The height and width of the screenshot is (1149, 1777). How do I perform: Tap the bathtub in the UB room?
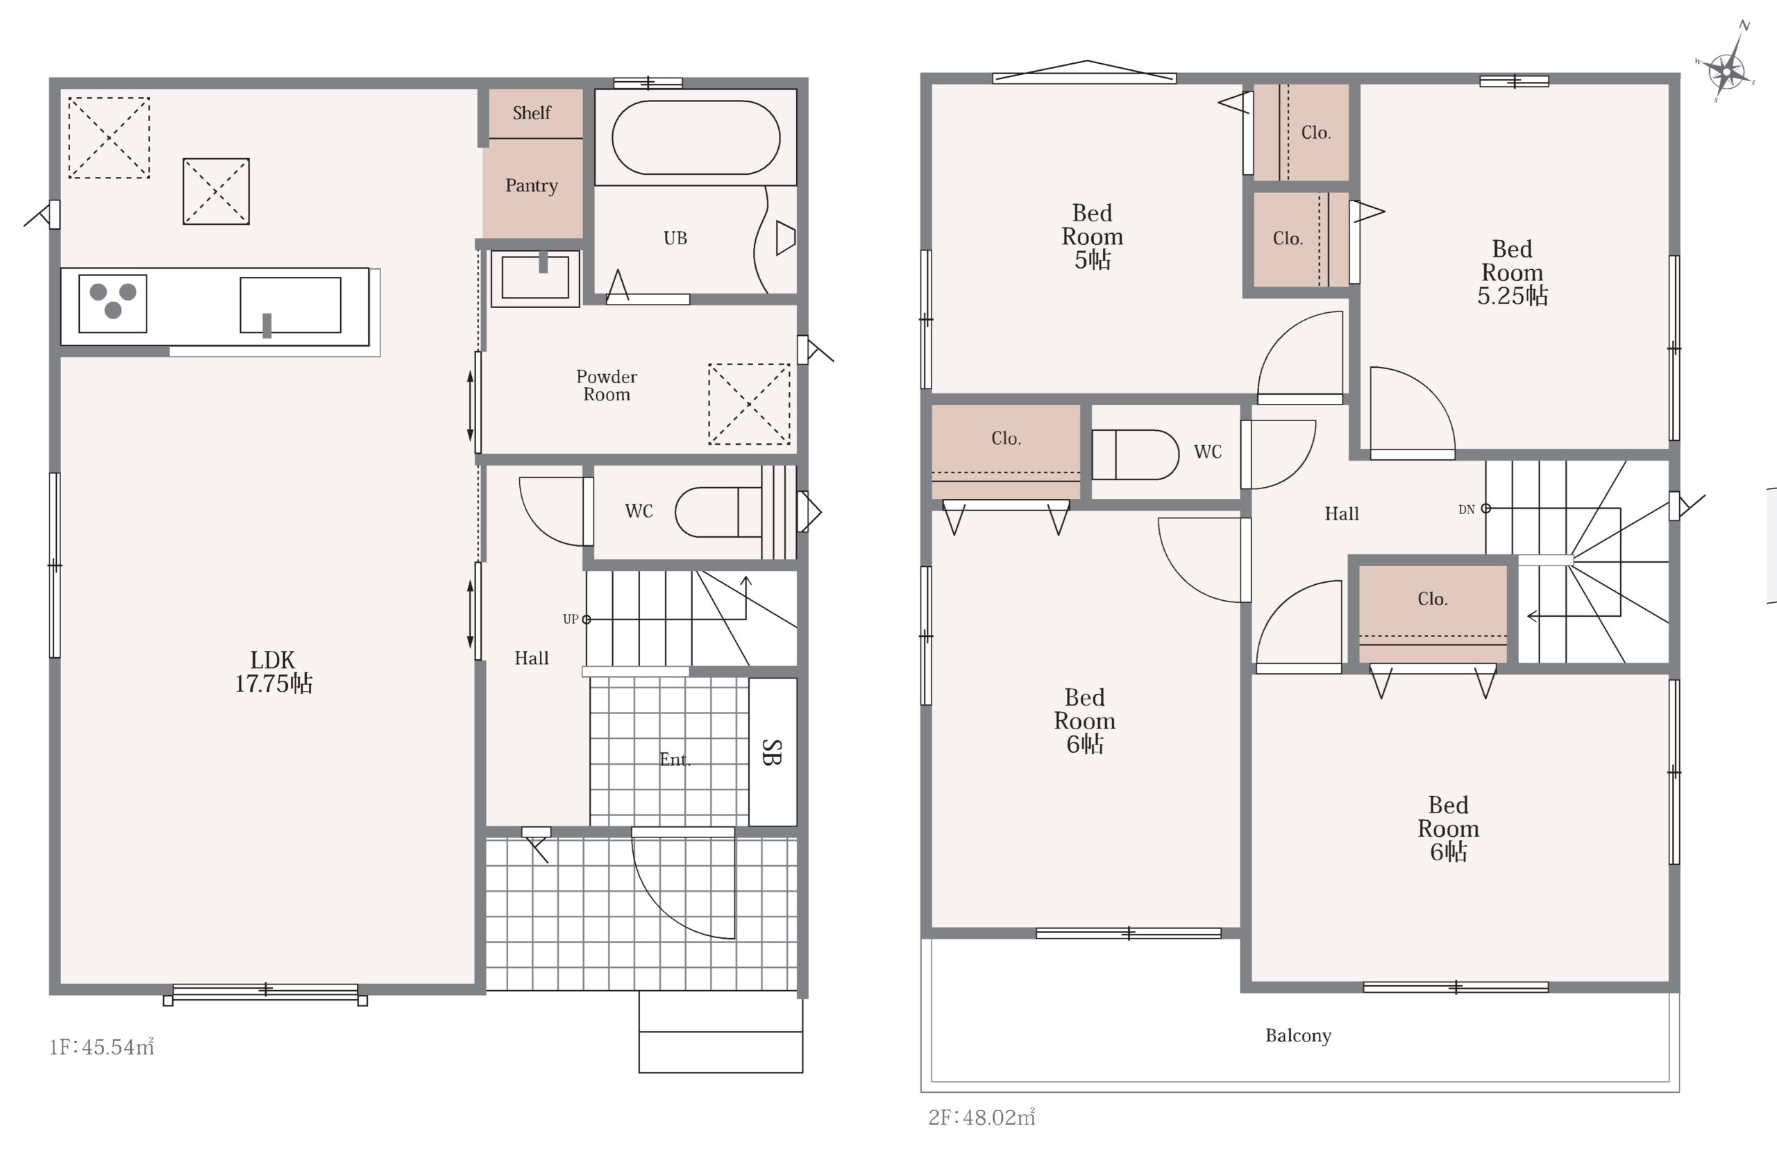[696, 138]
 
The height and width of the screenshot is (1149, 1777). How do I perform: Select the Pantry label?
[532, 186]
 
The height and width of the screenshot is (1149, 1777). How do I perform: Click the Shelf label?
[532, 112]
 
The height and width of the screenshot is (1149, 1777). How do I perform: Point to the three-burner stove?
[112, 303]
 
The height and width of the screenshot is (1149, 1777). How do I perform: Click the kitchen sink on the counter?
[290, 305]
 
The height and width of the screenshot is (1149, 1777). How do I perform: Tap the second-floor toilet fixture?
[1134, 454]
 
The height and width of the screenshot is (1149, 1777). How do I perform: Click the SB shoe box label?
[773, 752]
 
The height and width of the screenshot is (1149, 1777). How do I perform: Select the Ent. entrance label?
[675, 760]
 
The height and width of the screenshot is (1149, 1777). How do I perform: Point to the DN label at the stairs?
[1467, 509]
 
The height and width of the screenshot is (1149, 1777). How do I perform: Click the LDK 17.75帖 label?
[273, 672]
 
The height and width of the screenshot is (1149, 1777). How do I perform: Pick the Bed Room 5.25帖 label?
[1512, 272]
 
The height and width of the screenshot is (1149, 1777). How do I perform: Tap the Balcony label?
[1298, 1036]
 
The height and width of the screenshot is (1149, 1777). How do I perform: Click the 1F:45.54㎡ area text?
[101, 1047]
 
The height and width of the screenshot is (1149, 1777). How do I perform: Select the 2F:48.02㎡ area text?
[982, 1117]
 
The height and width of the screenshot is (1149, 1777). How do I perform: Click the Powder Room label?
[606, 386]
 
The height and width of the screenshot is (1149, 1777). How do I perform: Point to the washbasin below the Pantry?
[534, 279]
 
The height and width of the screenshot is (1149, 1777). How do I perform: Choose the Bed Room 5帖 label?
[1092, 236]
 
